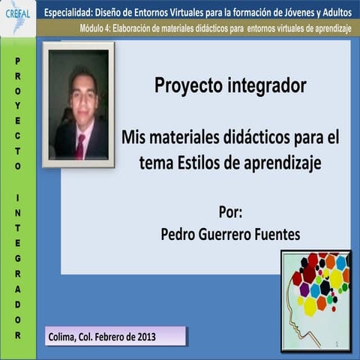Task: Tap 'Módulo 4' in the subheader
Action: pos(95,28)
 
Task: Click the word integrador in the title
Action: pos(266,86)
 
